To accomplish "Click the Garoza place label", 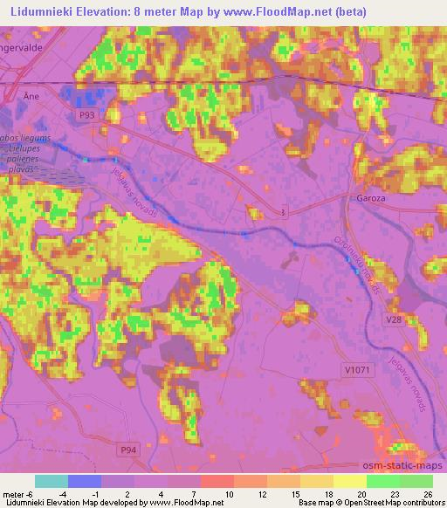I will (x=371, y=198).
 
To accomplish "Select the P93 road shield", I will (x=86, y=114).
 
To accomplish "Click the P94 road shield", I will (x=127, y=449).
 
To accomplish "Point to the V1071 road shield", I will (x=357, y=370).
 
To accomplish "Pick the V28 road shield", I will (x=395, y=320).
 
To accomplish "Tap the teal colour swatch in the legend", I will (x=52, y=481).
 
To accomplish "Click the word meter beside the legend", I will (x=14, y=493).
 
